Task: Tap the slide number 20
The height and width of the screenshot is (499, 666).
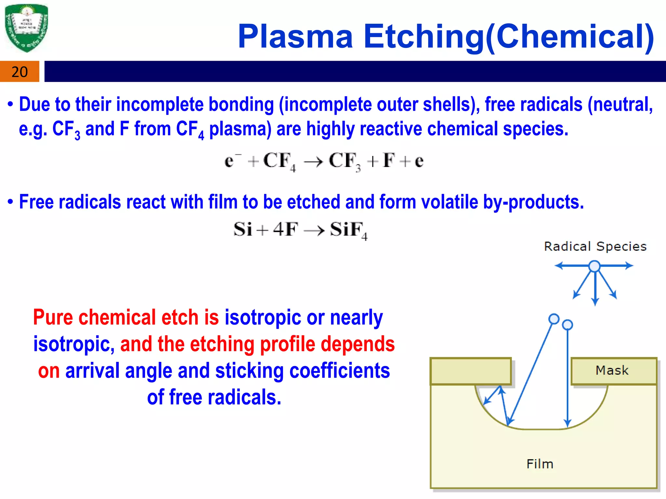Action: pos(20,72)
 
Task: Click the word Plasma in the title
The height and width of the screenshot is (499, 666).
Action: pos(295,36)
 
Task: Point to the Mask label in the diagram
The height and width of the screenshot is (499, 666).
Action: pos(612,370)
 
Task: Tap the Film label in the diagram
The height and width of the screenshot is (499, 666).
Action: pos(540,464)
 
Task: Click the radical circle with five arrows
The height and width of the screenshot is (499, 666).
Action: pos(594,266)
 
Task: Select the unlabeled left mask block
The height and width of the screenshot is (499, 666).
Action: pos(471,371)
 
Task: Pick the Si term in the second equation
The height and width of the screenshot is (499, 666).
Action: pos(243,229)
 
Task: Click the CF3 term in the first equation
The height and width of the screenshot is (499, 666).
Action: pos(345,161)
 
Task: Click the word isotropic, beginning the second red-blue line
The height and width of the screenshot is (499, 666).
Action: pos(74,344)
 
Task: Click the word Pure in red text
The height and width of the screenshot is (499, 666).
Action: pos(53,317)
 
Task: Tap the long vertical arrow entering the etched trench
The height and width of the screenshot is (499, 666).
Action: pos(567,377)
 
